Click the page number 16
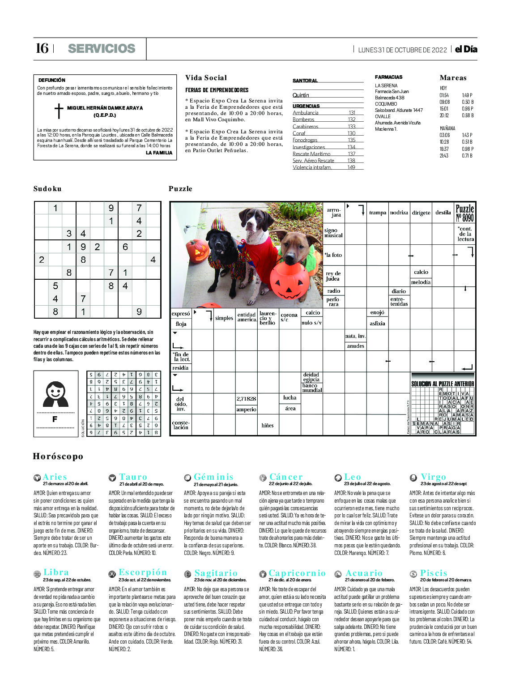coord(42,48)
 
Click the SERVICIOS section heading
coord(102,49)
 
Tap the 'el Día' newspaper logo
coord(466,49)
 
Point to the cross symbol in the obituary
coord(59,111)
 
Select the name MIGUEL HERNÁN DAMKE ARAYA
coord(105,108)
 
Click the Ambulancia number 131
coord(352,113)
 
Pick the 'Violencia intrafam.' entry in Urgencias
coord(312,167)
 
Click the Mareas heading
coord(453,78)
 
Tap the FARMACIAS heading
coord(388,77)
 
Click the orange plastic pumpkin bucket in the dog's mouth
coord(290,280)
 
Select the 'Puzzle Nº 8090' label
coord(464,213)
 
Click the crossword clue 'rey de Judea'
coord(333,276)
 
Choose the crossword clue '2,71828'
coord(246,399)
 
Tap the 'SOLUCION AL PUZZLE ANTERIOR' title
coord(443,384)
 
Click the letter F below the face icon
coord(55,419)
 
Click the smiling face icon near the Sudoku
coord(55,393)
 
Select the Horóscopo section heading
coord(58,457)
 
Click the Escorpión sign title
coord(142,572)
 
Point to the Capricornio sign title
coord(297,573)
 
